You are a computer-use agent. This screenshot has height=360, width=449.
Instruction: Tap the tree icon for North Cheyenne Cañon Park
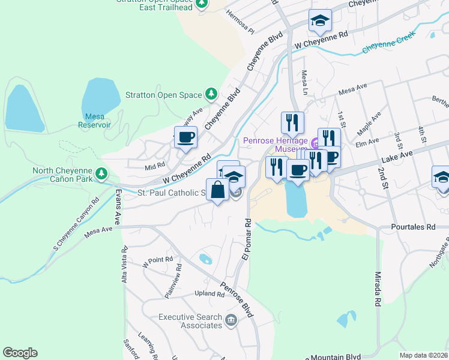click(102, 174)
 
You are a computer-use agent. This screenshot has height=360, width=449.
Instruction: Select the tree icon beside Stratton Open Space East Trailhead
click(202, 4)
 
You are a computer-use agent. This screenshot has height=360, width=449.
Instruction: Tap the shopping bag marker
click(217, 190)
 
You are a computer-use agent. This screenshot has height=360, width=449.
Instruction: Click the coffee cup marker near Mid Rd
click(185, 137)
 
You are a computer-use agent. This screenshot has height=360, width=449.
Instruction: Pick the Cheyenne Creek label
click(388, 45)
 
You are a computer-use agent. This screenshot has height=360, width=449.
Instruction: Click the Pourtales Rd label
click(413, 227)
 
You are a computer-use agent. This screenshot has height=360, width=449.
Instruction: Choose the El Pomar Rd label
click(247, 239)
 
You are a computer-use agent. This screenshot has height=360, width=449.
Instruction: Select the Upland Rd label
click(209, 293)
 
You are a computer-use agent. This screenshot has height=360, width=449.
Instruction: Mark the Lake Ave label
click(397, 158)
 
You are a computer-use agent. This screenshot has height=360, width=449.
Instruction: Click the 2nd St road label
click(382, 173)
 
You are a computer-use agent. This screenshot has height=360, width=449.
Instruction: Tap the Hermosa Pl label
click(241, 22)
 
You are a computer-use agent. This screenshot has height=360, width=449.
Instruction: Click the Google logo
click(20, 353)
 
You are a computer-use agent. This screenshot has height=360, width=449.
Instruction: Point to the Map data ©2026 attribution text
click(423, 355)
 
